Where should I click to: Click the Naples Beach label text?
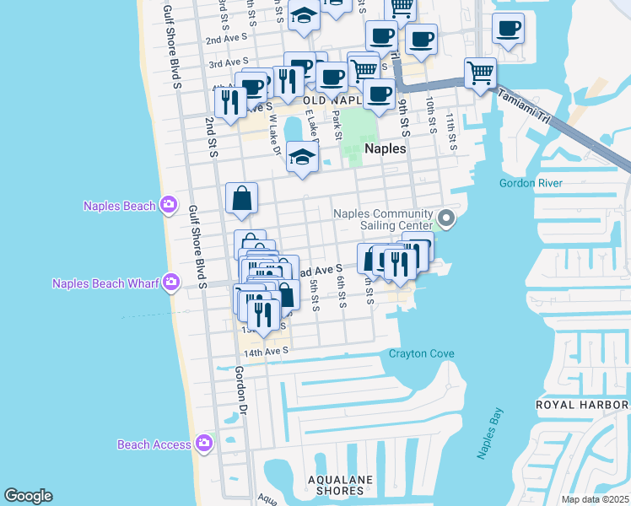coord(119,206)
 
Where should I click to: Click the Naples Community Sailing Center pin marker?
coord(447,220)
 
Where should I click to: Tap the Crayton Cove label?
coord(422,353)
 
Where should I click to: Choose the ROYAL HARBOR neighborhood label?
coord(583,406)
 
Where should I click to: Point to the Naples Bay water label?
coord(490,433)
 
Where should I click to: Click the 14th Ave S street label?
coord(267,350)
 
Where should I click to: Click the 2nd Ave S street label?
coord(226,39)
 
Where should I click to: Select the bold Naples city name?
coord(386,148)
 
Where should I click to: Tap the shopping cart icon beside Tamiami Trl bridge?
coord(480,72)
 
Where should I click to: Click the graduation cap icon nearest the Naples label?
coord(302,156)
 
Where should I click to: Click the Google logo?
coord(28,496)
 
